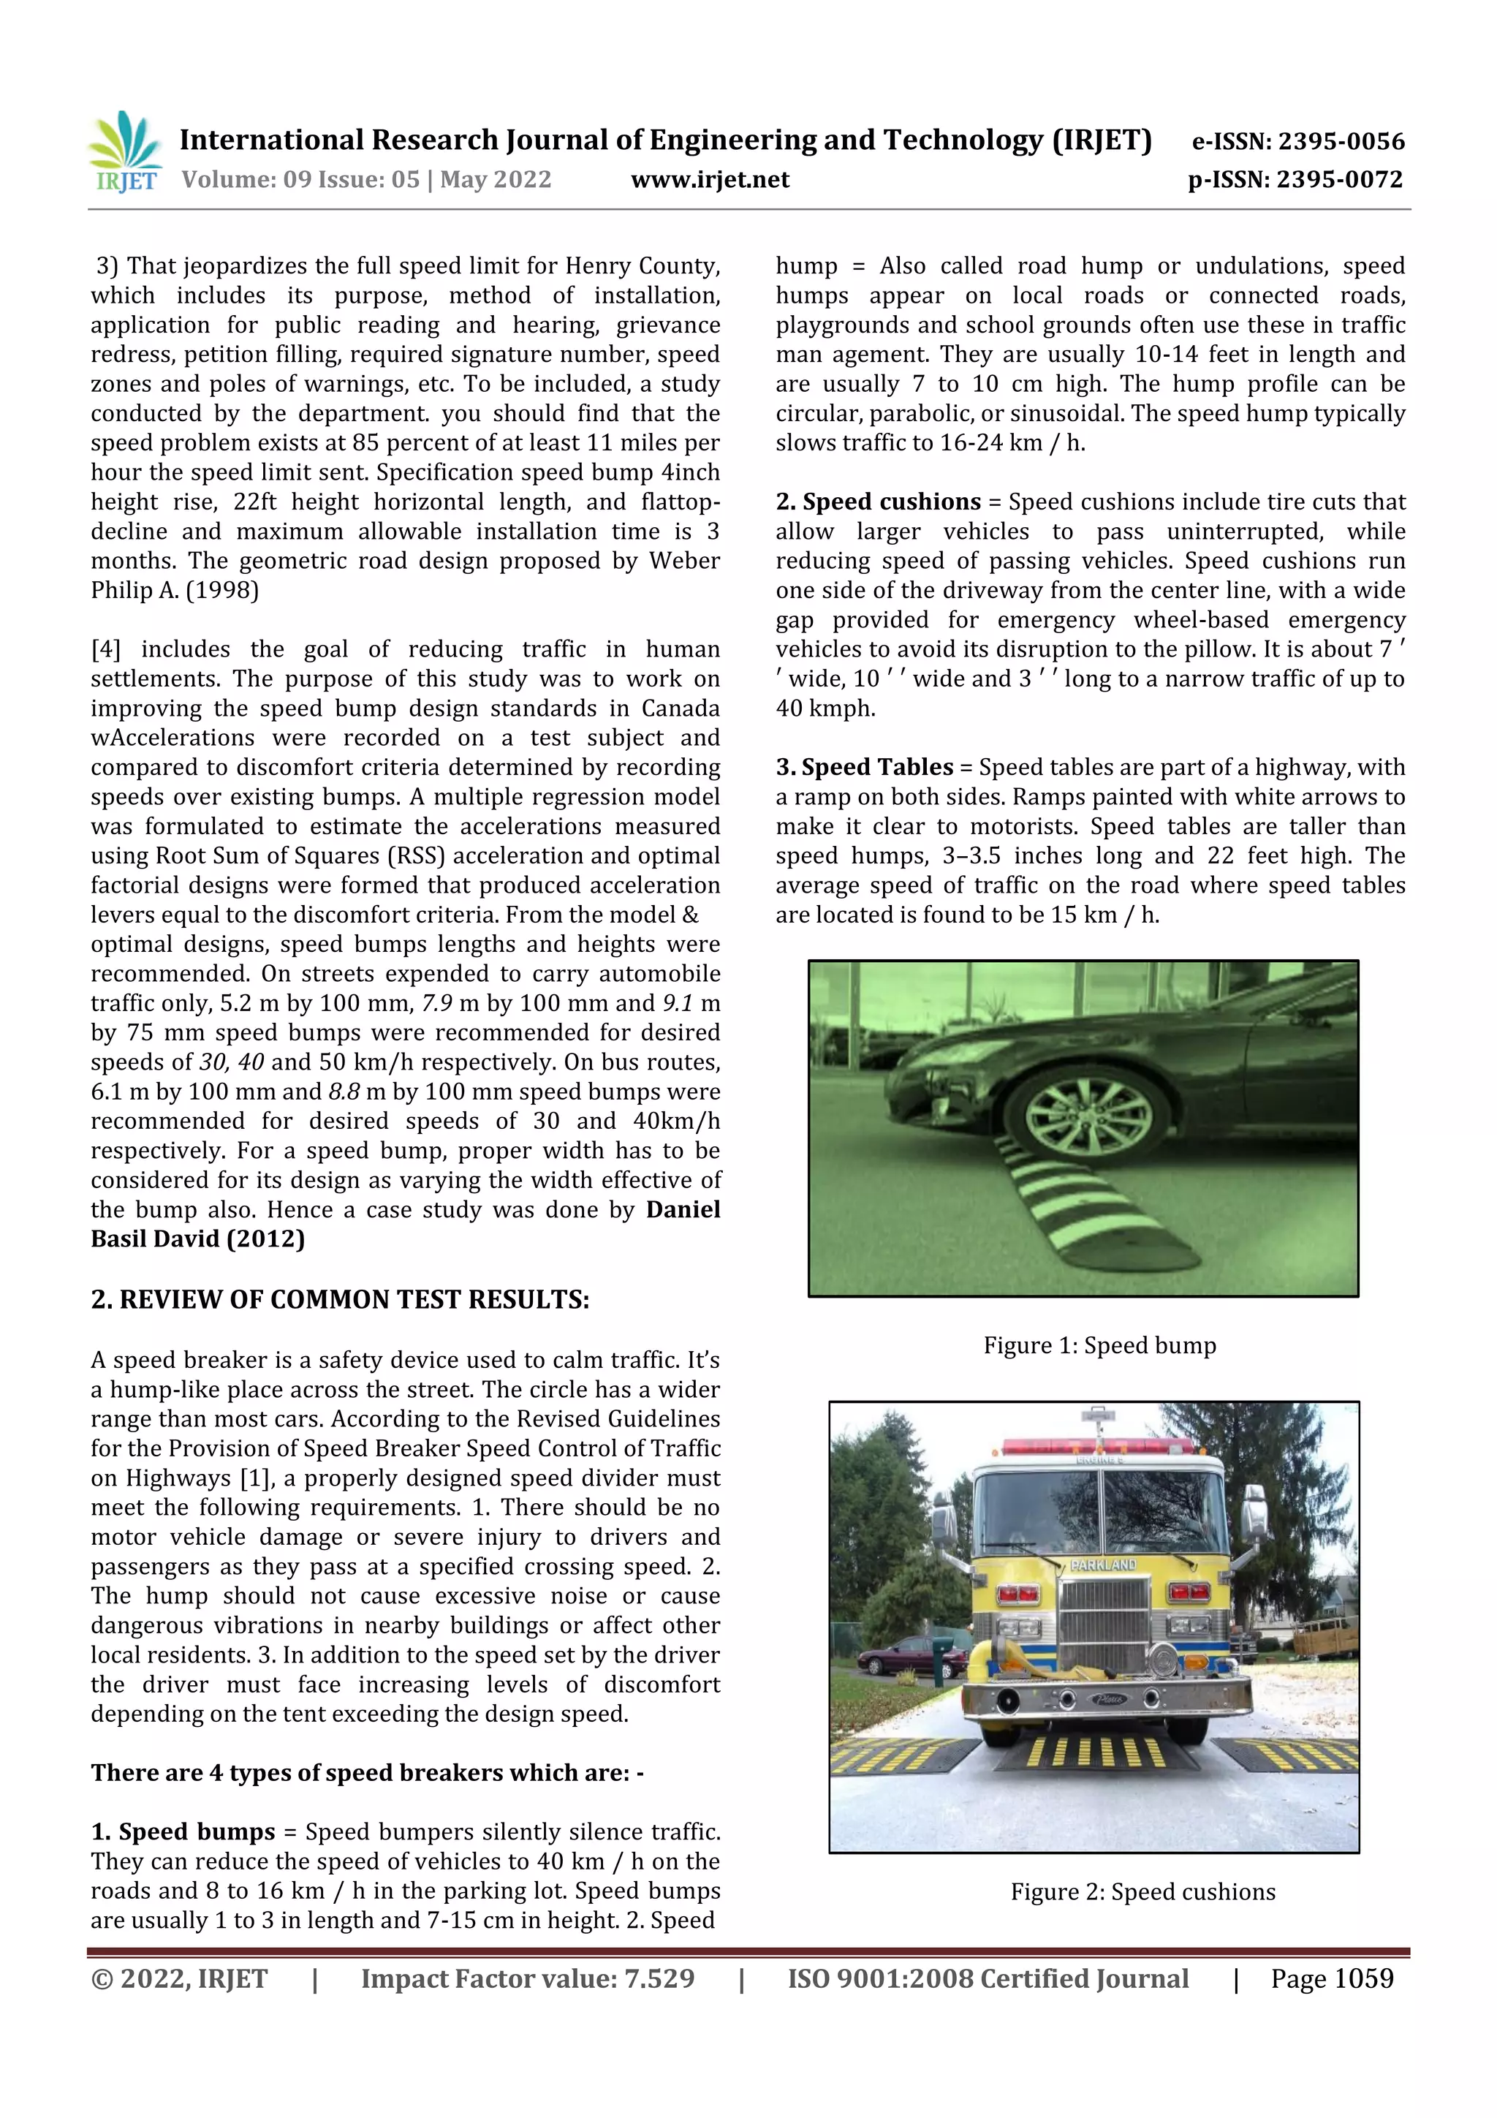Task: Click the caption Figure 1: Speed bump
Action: pos(1099,1346)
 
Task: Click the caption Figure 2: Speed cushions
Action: pos(1142,1892)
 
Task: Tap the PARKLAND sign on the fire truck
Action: pos(1103,1565)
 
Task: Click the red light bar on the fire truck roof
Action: pos(1093,1445)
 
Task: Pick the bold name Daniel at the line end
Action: pos(683,1210)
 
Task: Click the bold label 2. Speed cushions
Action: pos(877,502)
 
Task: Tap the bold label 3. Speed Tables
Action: pos(863,768)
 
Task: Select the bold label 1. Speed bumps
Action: pos(183,1832)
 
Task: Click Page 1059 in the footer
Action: pos(1331,1978)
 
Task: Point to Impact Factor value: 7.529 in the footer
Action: pos(527,1978)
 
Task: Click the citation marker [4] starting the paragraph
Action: pos(106,649)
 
